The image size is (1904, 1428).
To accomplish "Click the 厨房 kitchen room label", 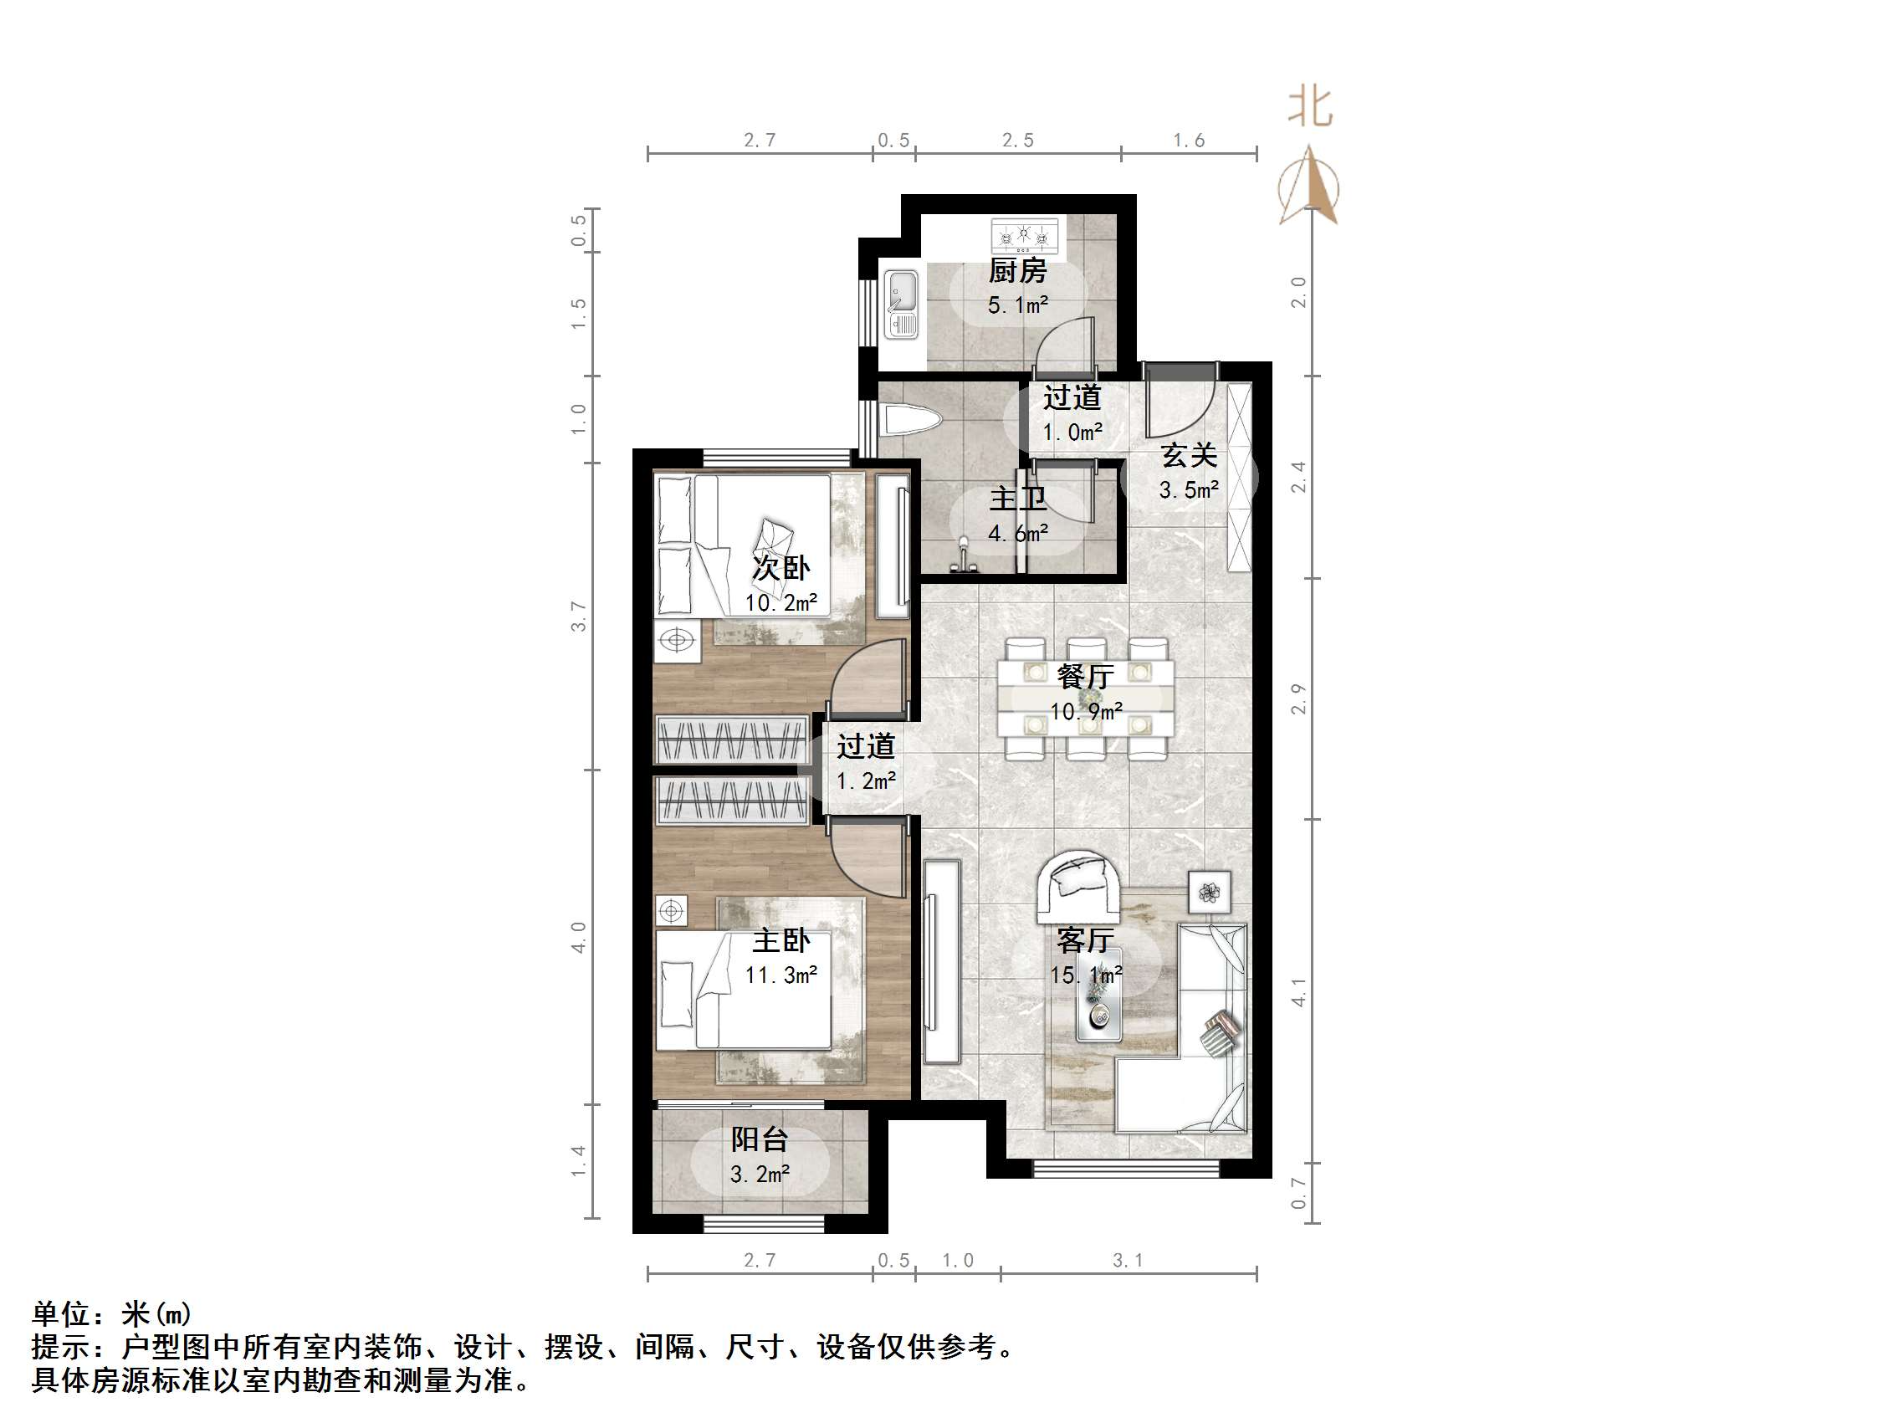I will click(1017, 271).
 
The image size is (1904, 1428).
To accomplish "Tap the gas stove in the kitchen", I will click(1023, 234).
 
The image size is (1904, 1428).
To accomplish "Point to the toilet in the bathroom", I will click(912, 421).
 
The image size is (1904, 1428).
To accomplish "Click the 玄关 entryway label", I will click(1189, 455).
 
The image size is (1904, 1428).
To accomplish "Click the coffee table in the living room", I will click(1098, 994).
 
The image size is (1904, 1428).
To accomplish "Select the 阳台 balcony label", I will click(760, 1139).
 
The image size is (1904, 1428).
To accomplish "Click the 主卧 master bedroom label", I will click(781, 940).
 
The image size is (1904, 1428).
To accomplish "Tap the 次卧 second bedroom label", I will click(781, 567).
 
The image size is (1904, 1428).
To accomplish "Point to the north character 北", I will click(1310, 109).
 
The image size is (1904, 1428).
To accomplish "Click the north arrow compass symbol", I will click(1309, 186).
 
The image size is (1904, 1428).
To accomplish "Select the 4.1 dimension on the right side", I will click(1299, 991).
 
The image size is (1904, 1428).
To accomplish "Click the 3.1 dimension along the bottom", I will click(1128, 1261).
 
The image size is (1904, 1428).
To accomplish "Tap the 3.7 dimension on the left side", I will click(579, 617).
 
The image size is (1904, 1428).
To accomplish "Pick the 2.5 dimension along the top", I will click(1017, 141).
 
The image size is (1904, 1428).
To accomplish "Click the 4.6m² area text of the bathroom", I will click(1017, 534).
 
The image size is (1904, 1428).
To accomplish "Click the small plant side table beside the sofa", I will click(1210, 892).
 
